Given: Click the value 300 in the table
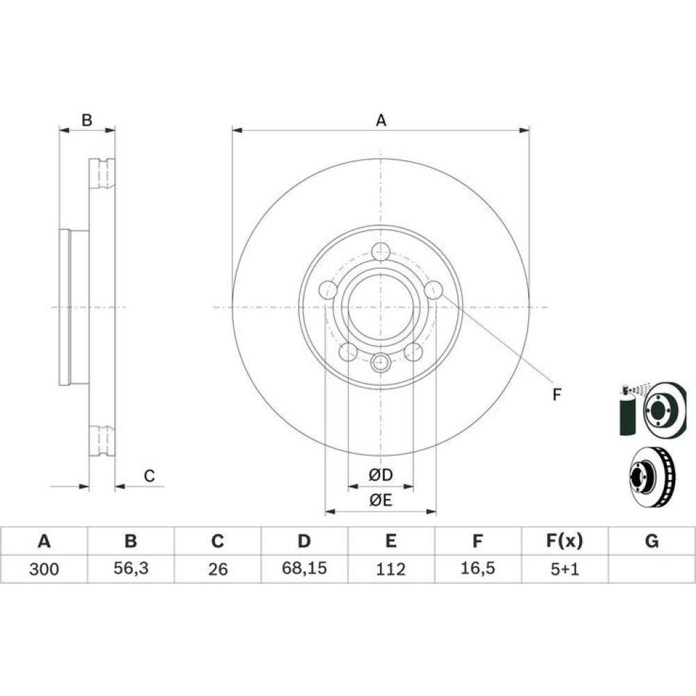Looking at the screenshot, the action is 43,569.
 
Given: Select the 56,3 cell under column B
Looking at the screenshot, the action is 131,568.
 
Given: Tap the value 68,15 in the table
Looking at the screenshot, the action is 305,568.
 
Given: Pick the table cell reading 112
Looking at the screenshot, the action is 390,569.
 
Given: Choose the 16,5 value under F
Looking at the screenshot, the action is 477,568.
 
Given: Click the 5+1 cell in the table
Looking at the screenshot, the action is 564,569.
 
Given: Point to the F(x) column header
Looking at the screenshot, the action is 564,541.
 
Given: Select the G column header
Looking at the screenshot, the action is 651,541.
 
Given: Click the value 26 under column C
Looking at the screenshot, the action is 217,569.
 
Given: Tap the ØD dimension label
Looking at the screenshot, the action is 381,475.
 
